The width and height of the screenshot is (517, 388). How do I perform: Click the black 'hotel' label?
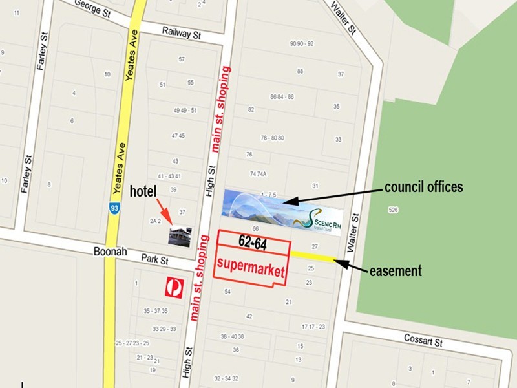tap(143, 191)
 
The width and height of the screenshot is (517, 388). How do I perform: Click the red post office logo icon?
tap(173, 287)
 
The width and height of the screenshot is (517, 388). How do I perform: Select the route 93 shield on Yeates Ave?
tap(113, 208)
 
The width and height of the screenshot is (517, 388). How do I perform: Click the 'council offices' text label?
tap(423, 188)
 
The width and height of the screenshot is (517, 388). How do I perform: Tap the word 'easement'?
tap(395, 271)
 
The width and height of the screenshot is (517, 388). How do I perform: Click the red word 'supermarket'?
tap(249, 264)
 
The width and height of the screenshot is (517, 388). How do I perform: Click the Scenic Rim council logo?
tap(322, 218)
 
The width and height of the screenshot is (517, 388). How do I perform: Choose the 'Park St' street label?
tap(155, 260)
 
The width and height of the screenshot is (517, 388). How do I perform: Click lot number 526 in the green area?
tap(392, 210)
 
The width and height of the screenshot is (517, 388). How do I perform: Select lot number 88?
tap(300, 71)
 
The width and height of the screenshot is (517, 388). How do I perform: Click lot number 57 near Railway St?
tap(182, 59)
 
